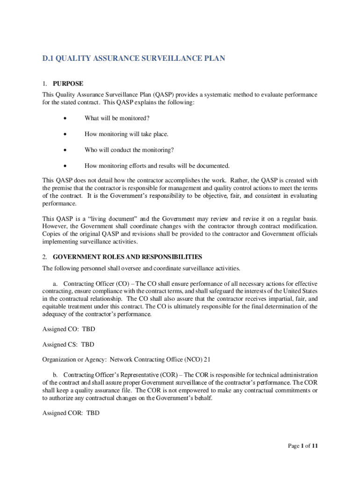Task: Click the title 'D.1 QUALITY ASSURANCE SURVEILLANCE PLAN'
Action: (134, 58)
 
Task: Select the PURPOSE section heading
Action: (68, 84)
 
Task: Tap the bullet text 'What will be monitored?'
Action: (117, 118)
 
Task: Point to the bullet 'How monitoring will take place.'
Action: (126, 134)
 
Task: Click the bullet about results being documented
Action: (157, 166)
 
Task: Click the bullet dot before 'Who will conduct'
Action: (65, 151)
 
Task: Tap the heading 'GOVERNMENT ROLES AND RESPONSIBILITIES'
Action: (127, 257)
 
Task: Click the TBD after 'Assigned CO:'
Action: (88, 329)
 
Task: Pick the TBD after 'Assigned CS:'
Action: (87, 345)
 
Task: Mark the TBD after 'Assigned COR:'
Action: (93, 414)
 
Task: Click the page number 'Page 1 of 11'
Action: (302, 446)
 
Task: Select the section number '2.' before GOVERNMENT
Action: (45, 257)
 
